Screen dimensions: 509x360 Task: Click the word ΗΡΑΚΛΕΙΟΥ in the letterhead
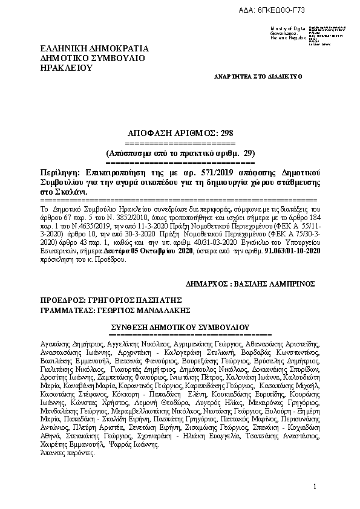[x=66, y=68]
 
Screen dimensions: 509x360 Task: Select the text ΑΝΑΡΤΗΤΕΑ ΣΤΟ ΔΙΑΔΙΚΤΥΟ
[x=258, y=78]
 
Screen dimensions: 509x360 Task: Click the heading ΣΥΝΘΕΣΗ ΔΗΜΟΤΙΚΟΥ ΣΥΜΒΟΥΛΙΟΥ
[x=185, y=326]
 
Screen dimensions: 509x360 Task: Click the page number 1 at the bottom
[x=315, y=487]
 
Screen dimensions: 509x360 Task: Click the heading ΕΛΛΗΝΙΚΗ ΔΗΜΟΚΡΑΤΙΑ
[x=94, y=48]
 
